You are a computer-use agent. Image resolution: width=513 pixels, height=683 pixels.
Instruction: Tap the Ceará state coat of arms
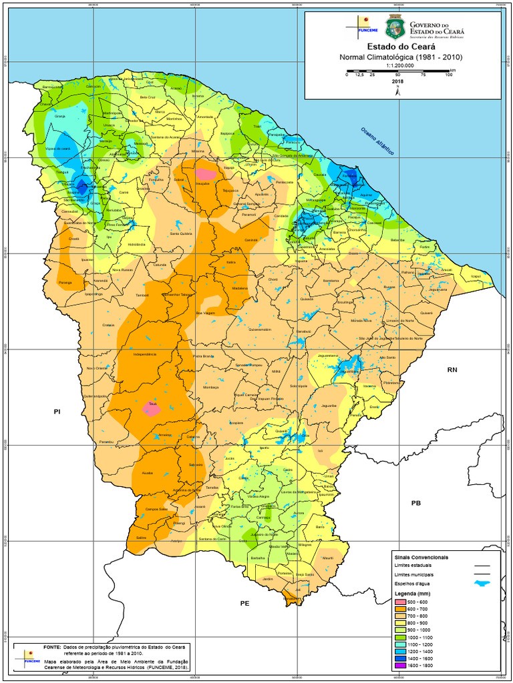[x=395, y=27]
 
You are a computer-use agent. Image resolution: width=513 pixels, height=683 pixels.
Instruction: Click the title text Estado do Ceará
[x=401, y=47]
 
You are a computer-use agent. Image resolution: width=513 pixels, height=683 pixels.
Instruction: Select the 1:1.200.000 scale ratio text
[x=401, y=65]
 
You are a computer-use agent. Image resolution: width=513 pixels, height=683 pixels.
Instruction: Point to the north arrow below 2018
[x=398, y=92]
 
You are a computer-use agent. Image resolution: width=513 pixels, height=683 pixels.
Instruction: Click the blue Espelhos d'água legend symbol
[x=481, y=584]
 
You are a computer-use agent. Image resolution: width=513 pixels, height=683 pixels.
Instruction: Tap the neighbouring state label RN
[x=452, y=370]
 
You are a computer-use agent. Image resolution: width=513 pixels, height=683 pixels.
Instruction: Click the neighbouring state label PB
[x=416, y=503]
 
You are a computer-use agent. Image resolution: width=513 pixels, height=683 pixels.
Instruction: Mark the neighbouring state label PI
[x=57, y=412]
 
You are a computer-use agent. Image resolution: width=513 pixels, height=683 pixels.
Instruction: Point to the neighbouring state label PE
[x=244, y=603]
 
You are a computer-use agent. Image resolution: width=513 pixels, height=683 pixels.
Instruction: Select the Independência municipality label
[x=145, y=354]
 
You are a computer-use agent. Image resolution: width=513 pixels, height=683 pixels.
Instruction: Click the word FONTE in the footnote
[x=51, y=648]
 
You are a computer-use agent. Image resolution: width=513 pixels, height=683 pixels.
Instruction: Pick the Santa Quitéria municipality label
[x=180, y=234]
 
